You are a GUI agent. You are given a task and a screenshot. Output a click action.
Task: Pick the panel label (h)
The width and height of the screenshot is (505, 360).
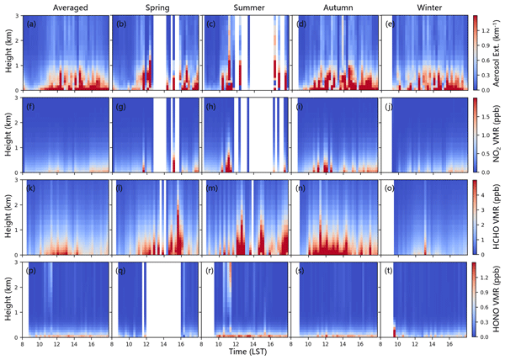211,106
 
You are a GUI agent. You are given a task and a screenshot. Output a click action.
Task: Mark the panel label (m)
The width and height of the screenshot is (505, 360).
212,188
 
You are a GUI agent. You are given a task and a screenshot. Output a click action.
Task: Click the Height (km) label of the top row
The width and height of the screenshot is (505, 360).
8,52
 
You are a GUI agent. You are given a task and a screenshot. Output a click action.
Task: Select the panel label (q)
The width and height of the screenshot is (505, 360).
122,271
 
